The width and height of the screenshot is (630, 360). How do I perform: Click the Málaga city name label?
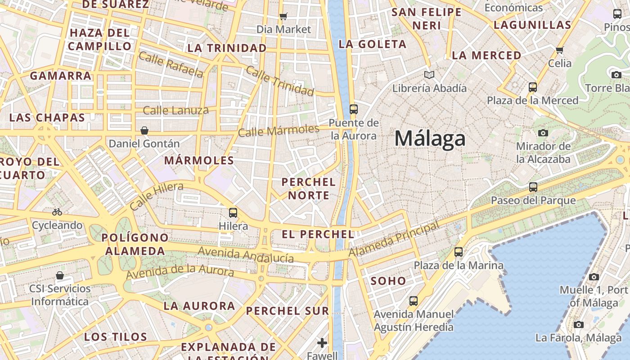pos(430,138)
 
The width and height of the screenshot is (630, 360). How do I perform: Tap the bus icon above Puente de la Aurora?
pos(353,109)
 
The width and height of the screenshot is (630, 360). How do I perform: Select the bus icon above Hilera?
pos(233,212)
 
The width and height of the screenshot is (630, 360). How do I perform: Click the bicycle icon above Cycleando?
pos(57,211)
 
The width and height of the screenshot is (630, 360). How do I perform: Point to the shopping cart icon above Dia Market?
pos(283,17)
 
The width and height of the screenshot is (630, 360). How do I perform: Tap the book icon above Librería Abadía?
pos(429,75)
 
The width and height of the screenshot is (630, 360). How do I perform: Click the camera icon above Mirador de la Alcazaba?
pos(543,133)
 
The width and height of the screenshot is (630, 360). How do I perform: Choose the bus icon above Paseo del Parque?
pos(533,187)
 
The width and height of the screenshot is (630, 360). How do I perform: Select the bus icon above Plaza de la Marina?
pos(459,252)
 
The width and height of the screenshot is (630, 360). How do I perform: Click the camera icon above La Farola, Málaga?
pos(579,324)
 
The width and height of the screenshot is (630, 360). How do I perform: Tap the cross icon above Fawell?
pos(322,343)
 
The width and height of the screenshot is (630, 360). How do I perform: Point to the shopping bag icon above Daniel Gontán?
pos(144,130)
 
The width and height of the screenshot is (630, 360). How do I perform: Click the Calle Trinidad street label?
pos(280,81)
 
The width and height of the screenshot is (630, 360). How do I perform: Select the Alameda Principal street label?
pos(394,239)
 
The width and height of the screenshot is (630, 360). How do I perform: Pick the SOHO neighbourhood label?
pos(388,281)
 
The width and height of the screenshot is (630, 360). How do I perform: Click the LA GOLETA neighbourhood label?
pos(373,44)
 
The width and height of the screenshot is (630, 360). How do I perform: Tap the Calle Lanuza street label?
pos(176,110)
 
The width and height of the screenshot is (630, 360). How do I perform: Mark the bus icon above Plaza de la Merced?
pos(533,87)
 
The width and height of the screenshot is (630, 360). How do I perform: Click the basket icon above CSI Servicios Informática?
pos(60,275)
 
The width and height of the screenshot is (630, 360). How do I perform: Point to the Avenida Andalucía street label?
pos(246,255)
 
